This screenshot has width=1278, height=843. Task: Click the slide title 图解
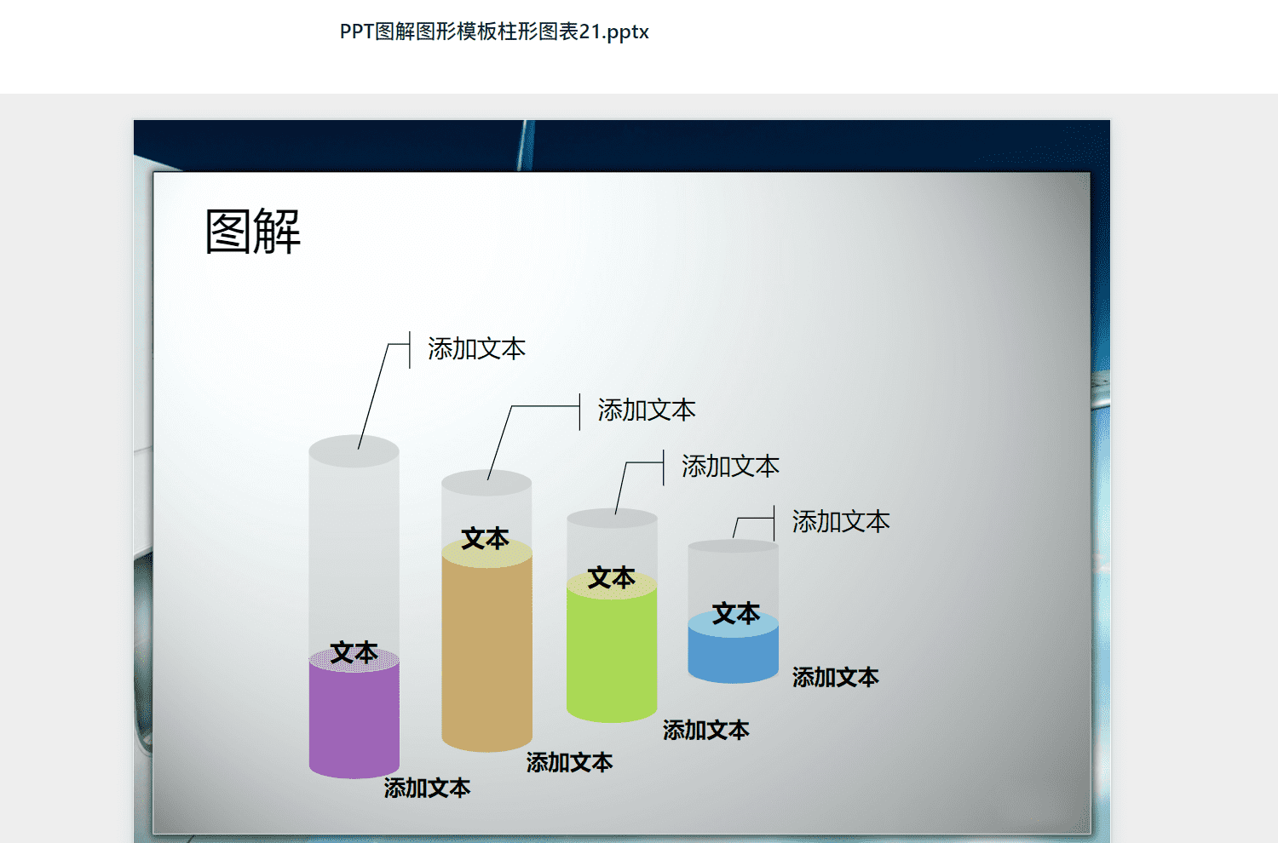click(x=253, y=231)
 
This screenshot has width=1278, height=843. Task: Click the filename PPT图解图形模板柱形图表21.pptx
click(x=494, y=32)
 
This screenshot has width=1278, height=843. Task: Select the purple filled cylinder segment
click(x=354, y=719)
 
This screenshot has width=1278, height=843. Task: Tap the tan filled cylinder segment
click(x=486, y=647)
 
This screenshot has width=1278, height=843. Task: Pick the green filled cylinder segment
click(x=612, y=651)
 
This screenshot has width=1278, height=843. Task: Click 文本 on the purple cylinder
click(x=354, y=652)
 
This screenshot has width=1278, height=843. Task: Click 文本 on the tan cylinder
click(x=486, y=538)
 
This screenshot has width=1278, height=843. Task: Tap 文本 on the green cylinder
click(x=612, y=578)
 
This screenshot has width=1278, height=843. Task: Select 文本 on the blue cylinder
click(x=737, y=613)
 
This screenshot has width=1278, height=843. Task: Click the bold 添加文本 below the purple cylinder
click(x=428, y=788)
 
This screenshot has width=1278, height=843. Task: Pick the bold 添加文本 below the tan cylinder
click(x=569, y=762)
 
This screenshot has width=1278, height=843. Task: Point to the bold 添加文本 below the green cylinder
click(x=706, y=730)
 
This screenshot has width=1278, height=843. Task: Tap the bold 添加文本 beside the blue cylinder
click(x=836, y=677)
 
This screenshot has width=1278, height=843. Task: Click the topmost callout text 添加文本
click(x=477, y=348)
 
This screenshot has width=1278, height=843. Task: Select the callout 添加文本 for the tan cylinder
click(x=647, y=410)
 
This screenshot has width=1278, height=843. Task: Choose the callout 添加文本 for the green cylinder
click(x=731, y=466)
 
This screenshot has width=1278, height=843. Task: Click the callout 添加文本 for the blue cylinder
click(x=841, y=521)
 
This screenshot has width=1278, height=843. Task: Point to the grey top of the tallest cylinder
click(x=354, y=451)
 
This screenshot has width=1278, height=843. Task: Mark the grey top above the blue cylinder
click(x=733, y=546)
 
